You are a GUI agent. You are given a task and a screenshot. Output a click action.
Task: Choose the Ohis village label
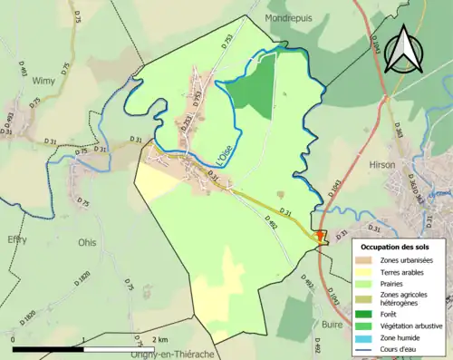[x=88, y=243]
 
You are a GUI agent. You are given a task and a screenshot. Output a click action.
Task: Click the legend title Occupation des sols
[x=395, y=247]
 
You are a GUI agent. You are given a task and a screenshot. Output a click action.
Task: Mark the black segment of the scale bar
[x=47, y=347]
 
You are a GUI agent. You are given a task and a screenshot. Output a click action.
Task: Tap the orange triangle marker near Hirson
[x=320, y=238]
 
